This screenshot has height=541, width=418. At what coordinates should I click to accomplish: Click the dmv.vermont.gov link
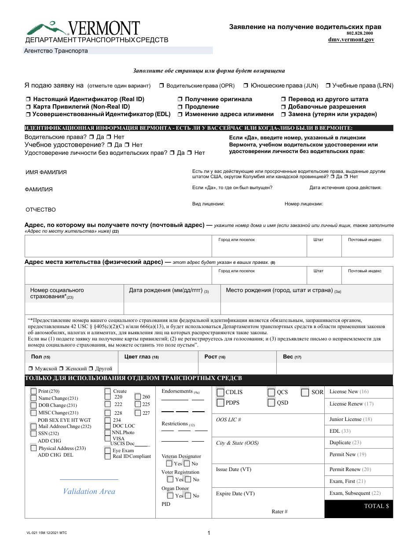[x=351, y=40]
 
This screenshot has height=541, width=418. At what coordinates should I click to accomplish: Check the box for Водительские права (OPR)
[x=161, y=86]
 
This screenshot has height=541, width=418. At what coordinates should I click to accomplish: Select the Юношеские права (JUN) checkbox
[x=246, y=86]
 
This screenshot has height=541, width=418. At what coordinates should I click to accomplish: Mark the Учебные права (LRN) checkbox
[x=328, y=86]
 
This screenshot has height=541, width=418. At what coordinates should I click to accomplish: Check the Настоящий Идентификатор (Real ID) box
[x=29, y=99]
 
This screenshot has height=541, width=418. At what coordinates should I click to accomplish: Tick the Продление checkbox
[x=180, y=107]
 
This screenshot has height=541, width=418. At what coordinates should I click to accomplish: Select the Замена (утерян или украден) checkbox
[x=284, y=114]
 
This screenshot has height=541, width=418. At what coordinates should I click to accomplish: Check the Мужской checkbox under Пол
[x=31, y=369]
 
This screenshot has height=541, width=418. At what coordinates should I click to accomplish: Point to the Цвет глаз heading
[x=141, y=357]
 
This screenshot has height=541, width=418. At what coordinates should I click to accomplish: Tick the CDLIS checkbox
[x=220, y=392]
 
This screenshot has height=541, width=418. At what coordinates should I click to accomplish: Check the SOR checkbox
[x=305, y=392]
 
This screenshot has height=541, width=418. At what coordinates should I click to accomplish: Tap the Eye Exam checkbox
[x=108, y=450]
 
